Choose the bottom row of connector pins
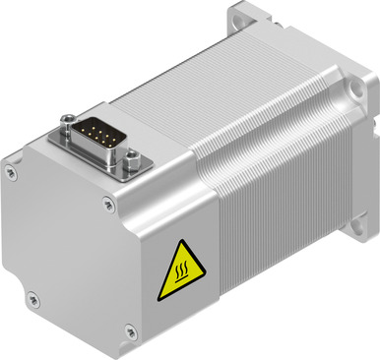97,137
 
